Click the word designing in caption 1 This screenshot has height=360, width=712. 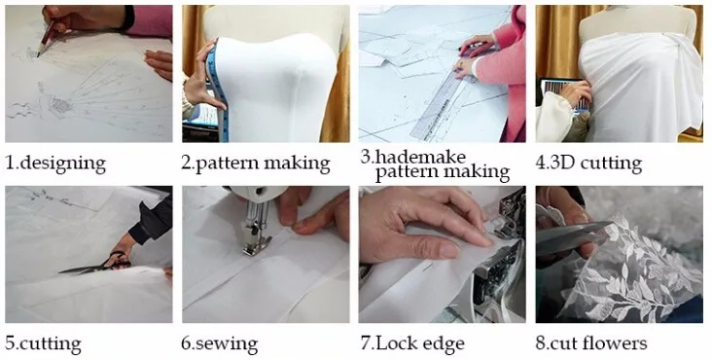point(62,163)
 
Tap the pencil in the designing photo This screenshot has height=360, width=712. point(46,39)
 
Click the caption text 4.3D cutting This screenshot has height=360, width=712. point(588,163)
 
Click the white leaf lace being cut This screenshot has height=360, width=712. point(633,268)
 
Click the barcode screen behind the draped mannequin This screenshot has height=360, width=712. point(565,96)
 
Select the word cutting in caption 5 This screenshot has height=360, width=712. point(51,344)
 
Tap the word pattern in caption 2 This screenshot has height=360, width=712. point(226,163)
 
